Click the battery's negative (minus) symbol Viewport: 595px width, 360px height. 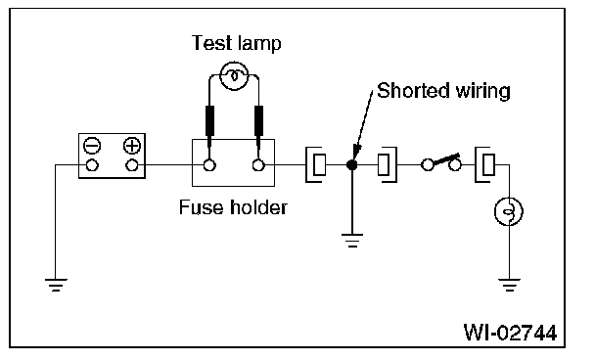click(92, 146)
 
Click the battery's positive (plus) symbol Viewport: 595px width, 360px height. click(132, 146)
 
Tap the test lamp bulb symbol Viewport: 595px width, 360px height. click(235, 76)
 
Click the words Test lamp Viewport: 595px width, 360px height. click(236, 43)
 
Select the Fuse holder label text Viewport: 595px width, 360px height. click(233, 207)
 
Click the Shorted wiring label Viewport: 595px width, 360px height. click(443, 91)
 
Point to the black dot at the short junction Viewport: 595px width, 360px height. click(351, 165)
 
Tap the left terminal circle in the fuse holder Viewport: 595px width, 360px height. click(209, 165)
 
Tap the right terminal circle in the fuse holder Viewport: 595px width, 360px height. click(258, 165)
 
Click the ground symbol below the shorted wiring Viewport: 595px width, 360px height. click(352, 241)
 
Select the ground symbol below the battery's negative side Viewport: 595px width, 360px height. click(56, 285)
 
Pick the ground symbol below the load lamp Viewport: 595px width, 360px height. click(509, 285)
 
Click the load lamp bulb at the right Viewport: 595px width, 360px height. click(509, 211)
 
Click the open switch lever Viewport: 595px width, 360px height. click(446, 159)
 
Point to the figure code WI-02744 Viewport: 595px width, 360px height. click(511, 333)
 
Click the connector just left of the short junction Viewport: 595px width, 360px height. click(314, 165)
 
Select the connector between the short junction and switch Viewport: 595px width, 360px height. click(388, 165)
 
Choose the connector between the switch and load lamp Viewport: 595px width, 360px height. click(485, 165)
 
